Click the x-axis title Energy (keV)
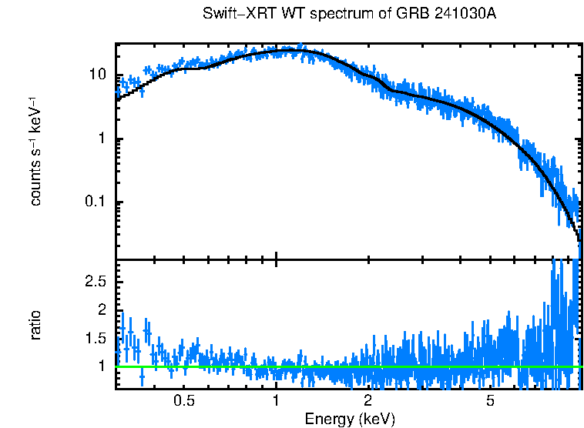tap(350, 419)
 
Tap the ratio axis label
tap(35, 325)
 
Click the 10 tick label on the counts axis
tap(97, 75)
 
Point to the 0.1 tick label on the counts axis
tap(95, 202)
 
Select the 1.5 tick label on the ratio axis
tap(95, 338)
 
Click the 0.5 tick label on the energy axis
tap(183, 401)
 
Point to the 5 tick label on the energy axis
tap(489, 401)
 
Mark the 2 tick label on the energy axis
tap(368, 401)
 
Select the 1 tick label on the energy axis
tap(276, 401)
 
